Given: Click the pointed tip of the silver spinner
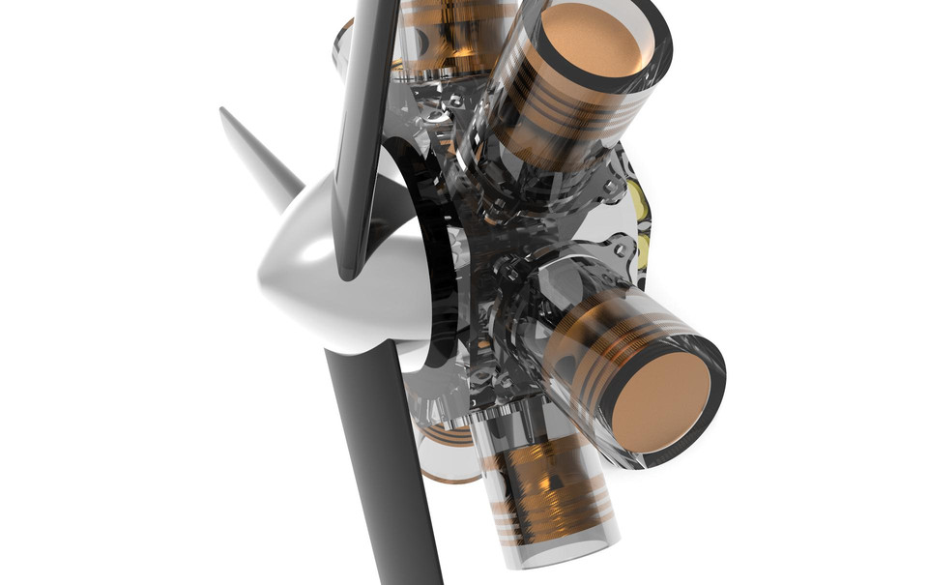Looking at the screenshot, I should coord(224,113).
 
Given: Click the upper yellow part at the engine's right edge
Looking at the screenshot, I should coord(640,198).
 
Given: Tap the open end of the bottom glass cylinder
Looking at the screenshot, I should coord(561,556).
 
